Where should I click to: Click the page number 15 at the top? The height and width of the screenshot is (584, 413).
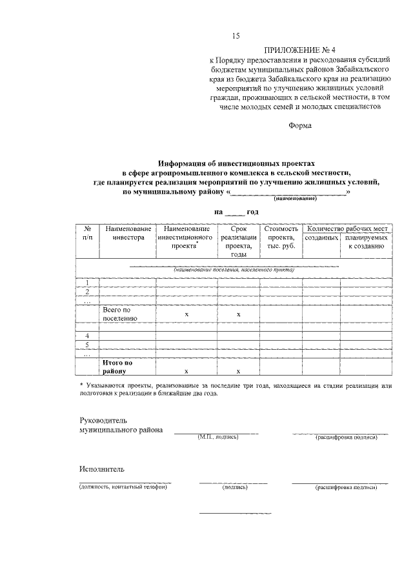(x=236, y=35)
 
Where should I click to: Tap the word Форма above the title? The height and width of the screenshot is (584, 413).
(x=299, y=126)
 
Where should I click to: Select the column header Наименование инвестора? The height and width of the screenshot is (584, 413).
(x=127, y=233)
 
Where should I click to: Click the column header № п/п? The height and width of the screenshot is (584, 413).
(x=87, y=233)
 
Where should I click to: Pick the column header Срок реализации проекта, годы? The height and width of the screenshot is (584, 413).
(x=238, y=241)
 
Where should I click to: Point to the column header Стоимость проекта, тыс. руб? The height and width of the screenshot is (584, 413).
(x=281, y=237)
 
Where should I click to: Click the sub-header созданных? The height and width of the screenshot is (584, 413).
(x=321, y=237)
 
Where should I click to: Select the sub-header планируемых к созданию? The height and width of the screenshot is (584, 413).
(x=366, y=241)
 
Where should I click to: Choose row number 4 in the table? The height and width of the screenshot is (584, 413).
(x=87, y=336)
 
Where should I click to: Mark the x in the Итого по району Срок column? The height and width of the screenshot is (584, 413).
(x=238, y=371)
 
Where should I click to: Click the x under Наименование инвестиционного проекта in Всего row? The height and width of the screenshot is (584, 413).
(x=186, y=314)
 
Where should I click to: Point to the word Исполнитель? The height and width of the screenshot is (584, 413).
(x=102, y=469)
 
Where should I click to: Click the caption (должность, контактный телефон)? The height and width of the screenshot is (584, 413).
(x=123, y=487)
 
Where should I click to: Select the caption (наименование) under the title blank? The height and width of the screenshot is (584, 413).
(x=294, y=199)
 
